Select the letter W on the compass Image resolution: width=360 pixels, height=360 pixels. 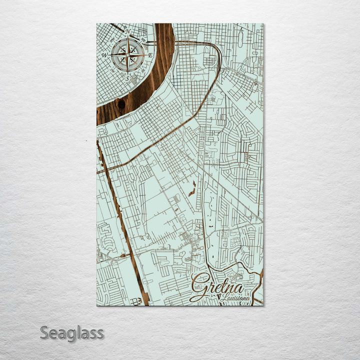click(104, 55)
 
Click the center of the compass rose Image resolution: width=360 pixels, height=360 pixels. click(128, 54)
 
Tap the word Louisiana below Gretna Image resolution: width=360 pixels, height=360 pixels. click(237, 298)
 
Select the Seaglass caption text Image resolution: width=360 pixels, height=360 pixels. click(71, 332)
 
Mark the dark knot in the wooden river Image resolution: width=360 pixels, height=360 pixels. click(121, 104)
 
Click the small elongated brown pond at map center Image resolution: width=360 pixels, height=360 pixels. click(192, 188)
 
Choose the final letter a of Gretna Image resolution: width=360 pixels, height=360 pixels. click(239, 288)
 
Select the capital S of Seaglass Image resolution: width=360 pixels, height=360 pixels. click(44, 332)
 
